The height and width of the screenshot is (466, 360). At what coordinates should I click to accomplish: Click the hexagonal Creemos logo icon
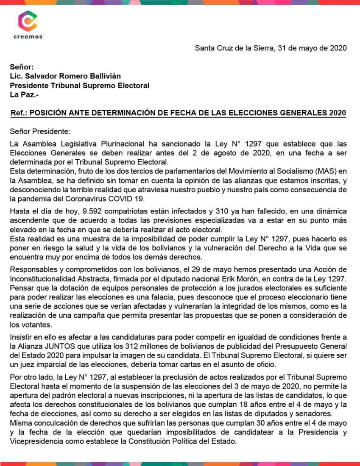28,21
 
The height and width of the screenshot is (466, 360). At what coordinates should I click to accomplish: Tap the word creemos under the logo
28,37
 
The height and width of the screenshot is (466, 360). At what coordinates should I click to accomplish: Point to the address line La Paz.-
24,94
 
